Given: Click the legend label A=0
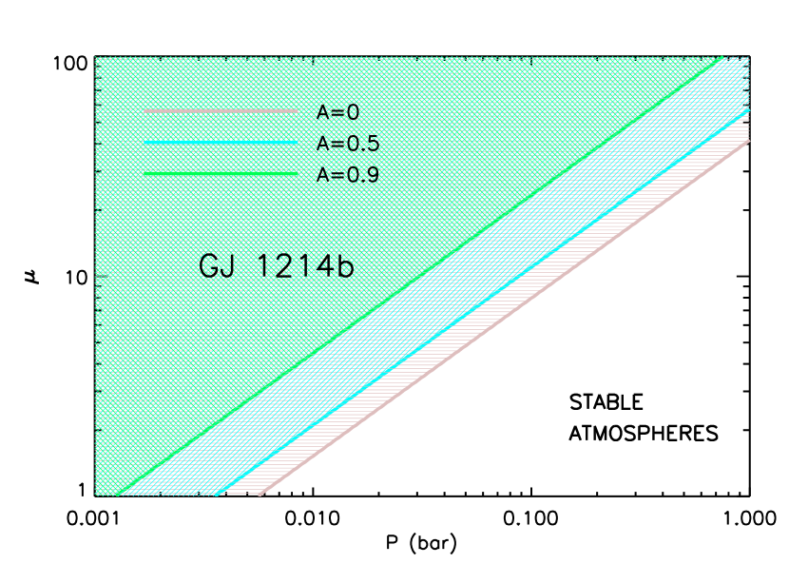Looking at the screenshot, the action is click(337, 112).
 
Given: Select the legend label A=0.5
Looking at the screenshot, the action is click(348, 144).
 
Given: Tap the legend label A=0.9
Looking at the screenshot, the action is click(348, 175).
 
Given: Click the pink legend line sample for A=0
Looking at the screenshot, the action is click(221, 112).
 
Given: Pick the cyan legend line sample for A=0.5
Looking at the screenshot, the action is click(221, 144).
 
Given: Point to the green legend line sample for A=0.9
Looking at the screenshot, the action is click(221, 175).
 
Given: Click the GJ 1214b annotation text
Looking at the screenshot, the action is click(277, 265).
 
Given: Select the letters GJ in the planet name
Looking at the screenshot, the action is click(217, 265).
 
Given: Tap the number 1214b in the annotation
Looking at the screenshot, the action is click(305, 265).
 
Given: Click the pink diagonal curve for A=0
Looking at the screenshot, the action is click(504, 318).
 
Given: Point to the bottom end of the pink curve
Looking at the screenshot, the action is click(260, 494).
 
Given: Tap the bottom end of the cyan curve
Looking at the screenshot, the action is click(217, 494).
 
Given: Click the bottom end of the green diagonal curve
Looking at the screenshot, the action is click(123, 494).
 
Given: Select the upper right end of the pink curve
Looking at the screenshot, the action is click(748, 142).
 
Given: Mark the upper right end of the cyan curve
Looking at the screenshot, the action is click(748, 110).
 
